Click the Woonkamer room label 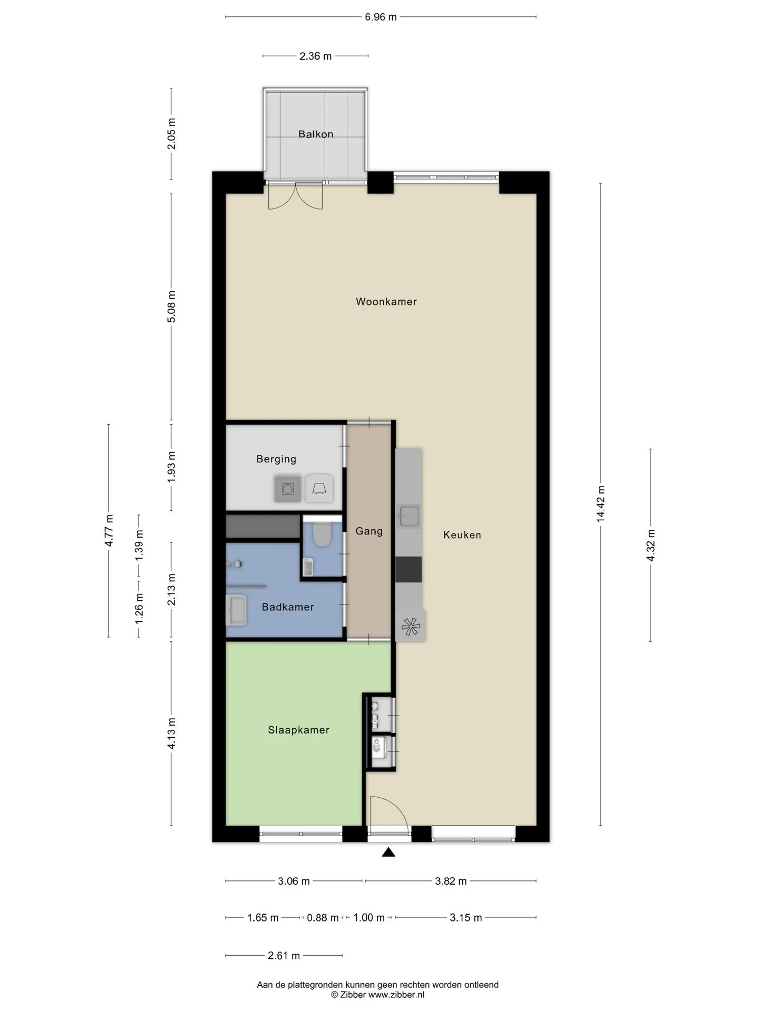tap(386, 302)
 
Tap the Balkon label tap(316, 134)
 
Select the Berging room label tap(276, 459)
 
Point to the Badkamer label tap(288, 607)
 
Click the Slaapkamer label tap(298, 730)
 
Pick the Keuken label tap(462, 535)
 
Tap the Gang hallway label tap(369, 531)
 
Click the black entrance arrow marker tap(388, 852)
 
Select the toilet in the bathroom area tap(322, 534)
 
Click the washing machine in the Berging tap(288, 489)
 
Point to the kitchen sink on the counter tap(409, 516)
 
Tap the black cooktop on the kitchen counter tap(409, 569)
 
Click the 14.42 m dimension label tap(601, 504)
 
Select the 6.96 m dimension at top tap(381, 17)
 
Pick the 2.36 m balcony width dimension tap(316, 56)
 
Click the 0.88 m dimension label tap(323, 918)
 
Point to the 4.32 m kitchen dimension tap(650, 546)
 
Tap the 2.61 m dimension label tap(284, 956)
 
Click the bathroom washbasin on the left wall tap(236, 610)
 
